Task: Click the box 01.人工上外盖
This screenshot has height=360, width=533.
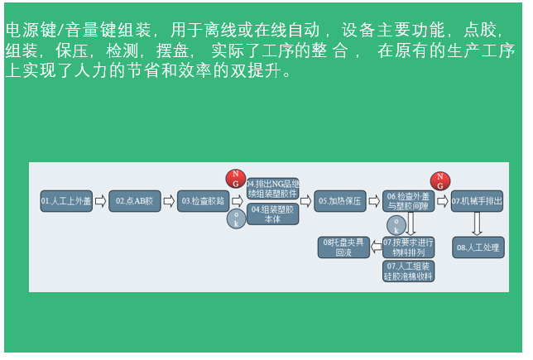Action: pos(65,201)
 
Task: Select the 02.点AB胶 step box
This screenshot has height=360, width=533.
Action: pos(134,201)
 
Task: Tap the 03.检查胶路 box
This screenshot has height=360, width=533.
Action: pos(203,201)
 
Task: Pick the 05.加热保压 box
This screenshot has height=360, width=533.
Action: pos(339,201)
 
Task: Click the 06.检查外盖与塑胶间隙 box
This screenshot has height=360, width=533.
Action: pos(408,201)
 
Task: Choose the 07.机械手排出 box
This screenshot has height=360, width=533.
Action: pos(477,201)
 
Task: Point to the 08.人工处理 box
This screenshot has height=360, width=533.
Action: pos(477,247)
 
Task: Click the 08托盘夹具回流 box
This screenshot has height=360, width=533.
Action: pos(343,247)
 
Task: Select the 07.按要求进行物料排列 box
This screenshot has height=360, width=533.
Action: pos(408,247)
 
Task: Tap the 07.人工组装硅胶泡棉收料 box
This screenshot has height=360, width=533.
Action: pos(408,271)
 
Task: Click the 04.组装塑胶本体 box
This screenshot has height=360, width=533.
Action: pos(272,214)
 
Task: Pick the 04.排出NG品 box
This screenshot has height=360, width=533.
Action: pos(272,188)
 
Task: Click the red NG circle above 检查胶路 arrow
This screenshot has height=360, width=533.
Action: pos(236,179)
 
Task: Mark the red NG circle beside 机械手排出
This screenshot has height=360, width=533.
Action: pos(440,181)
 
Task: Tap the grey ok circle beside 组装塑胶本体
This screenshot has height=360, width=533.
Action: pos(236,219)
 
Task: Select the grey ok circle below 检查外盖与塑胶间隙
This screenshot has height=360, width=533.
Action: pos(396,225)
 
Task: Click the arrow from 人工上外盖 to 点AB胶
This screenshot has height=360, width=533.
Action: pos(100,201)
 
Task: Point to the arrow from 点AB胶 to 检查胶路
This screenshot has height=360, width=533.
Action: pos(169,201)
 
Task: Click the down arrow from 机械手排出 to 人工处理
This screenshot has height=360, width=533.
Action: pos(477,223)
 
